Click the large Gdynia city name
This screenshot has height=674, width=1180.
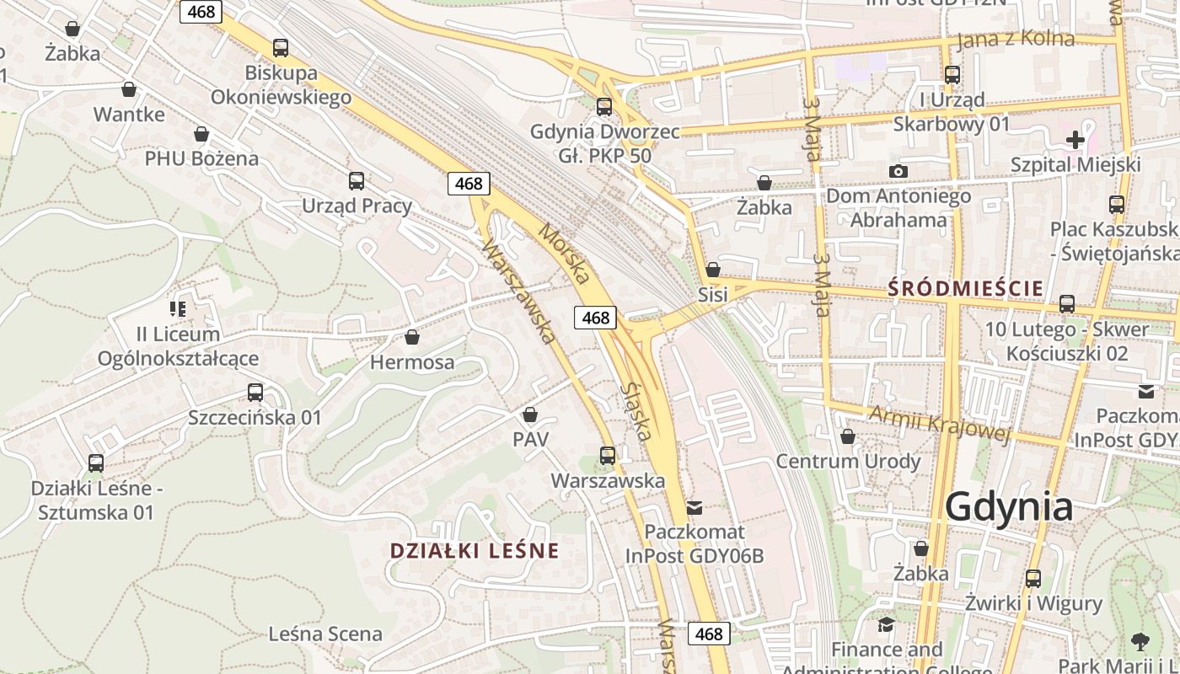1009,507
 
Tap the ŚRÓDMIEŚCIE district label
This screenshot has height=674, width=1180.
966,289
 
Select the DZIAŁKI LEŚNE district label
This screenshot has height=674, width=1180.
475,551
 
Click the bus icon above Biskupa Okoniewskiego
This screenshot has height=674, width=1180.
281,48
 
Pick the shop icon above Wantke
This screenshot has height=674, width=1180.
129,88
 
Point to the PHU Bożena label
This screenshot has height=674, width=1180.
201,158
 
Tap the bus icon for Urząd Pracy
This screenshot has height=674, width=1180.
357,180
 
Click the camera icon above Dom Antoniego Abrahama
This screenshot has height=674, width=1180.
898,172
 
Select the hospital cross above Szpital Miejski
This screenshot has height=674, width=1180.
1075,140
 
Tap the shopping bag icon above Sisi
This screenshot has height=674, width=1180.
713,270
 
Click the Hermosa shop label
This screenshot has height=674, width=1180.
412,362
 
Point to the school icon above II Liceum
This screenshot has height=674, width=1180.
178,309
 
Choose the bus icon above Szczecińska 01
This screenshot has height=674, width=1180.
255,392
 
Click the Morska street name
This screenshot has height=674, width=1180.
564,253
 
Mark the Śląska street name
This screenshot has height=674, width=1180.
636,411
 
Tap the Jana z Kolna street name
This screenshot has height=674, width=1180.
1016,40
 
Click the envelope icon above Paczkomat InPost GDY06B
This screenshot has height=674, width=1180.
695,507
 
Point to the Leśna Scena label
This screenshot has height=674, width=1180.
325,634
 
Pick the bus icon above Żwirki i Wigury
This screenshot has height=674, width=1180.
1033,579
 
